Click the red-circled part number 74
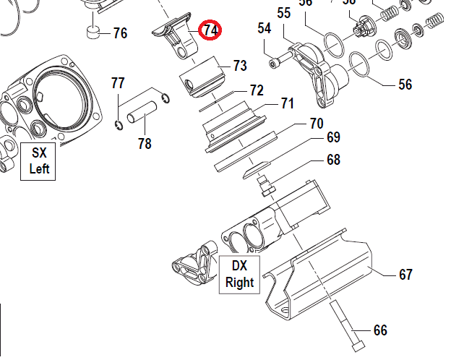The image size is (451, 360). (211, 30)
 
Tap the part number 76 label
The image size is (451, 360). (120, 33)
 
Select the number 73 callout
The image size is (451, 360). (240, 66)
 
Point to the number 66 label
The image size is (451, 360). (380, 330)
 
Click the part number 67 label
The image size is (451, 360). (405, 275)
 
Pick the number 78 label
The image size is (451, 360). (145, 143)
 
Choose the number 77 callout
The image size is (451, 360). (118, 83)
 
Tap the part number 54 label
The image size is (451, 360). (265, 29)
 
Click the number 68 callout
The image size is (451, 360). (333, 160)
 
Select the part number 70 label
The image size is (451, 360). (316, 123)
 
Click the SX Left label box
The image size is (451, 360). (40, 161)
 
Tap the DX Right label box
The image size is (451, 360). (239, 274)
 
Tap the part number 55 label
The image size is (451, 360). (284, 13)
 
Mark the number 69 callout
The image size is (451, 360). (333, 137)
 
